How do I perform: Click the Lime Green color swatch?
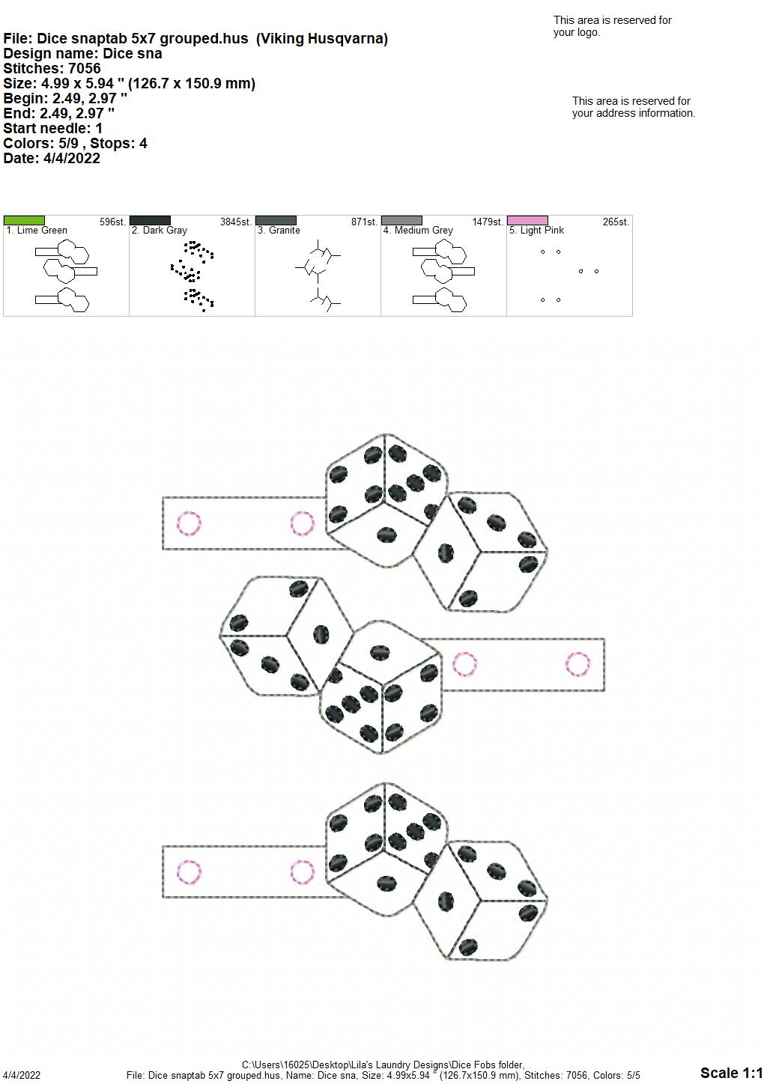pyautogui.click(x=24, y=220)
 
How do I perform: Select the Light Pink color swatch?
pyautogui.click(x=527, y=220)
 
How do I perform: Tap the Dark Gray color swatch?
pyautogui.click(x=150, y=220)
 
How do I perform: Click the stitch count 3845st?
pyautogui.click(x=236, y=222)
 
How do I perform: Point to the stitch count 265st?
pyautogui.click(x=616, y=222)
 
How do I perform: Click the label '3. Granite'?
pyautogui.click(x=279, y=231)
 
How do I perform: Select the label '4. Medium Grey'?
pyautogui.click(x=419, y=231)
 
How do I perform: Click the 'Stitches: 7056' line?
pyautogui.click(x=52, y=68)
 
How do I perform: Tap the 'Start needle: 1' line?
pyautogui.click(x=52, y=128)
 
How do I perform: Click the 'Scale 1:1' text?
pyautogui.click(x=732, y=1072)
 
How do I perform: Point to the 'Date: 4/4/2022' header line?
pyautogui.click(x=52, y=158)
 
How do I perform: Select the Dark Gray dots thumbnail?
pyautogui.click(x=192, y=275)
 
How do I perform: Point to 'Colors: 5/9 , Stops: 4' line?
pyautogui.click(x=75, y=143)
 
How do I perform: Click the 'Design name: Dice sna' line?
pyautogui.click(x=82, y=53)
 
